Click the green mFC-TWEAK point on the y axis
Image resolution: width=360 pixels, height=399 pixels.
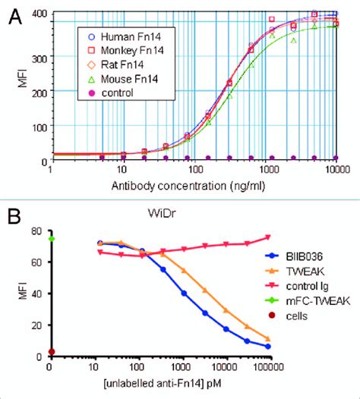point(50,239)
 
